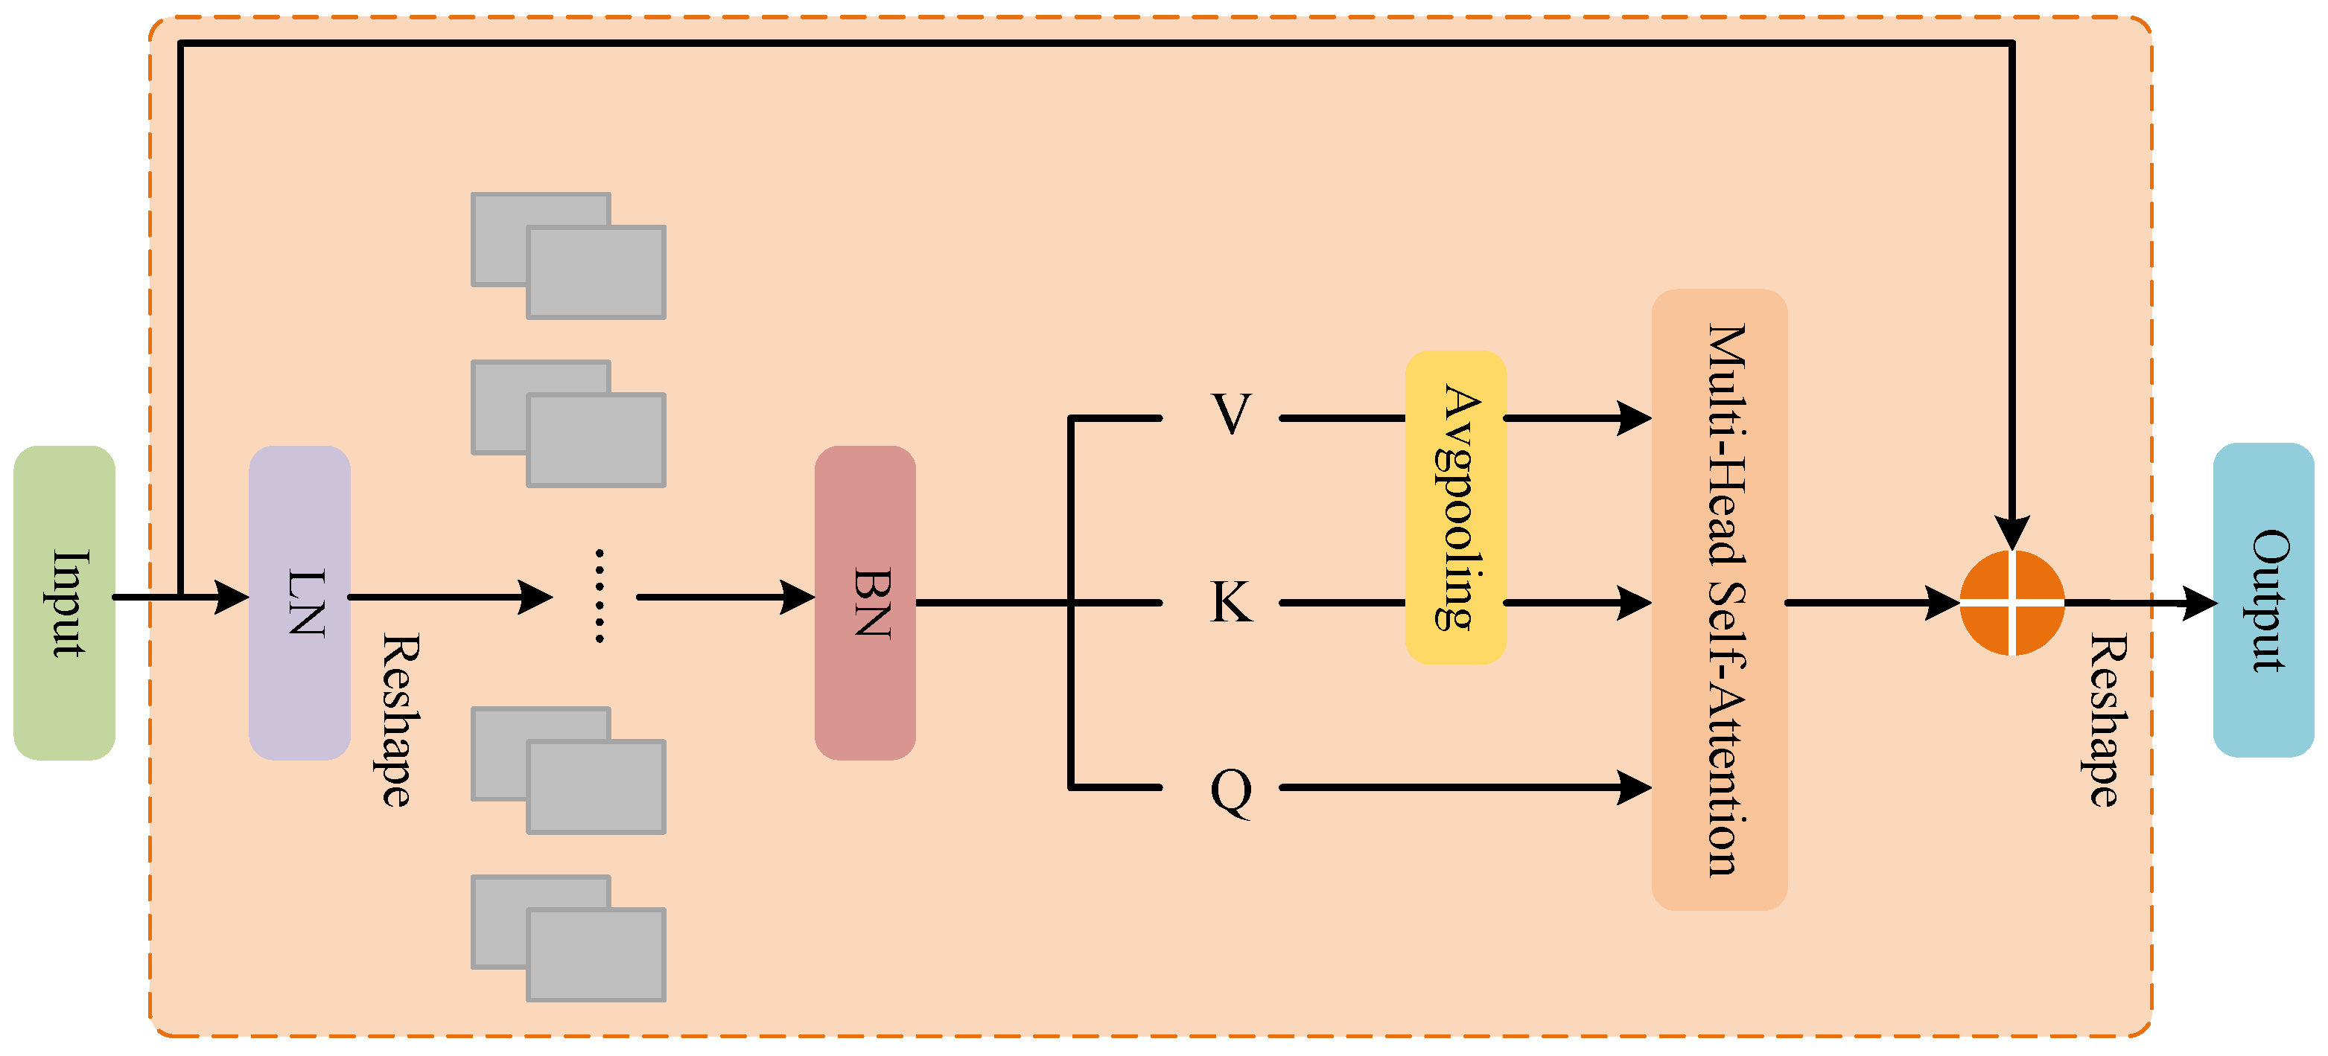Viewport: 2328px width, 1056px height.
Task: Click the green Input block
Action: click(x=64, y=603)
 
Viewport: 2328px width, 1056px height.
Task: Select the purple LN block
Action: click(x=299, y=603)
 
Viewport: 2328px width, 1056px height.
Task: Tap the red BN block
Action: click(x=865, y=603)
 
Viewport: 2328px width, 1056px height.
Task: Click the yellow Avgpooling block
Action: click(x=1455, y=507)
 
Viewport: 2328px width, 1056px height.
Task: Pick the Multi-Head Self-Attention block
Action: click(x=1719, y=599)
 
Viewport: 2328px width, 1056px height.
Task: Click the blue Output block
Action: click(x=2263, y=600)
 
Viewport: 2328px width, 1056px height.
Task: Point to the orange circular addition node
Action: click(x=2011, y=603)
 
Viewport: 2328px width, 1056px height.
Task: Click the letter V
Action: click(x=1231, y=415)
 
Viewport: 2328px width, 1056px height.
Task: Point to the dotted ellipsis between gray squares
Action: click(x=600, y=596)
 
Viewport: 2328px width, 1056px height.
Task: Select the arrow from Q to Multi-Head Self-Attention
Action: click(x=1464, y=787)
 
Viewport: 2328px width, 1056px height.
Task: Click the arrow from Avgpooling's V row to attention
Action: click(x=1577, y=418)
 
